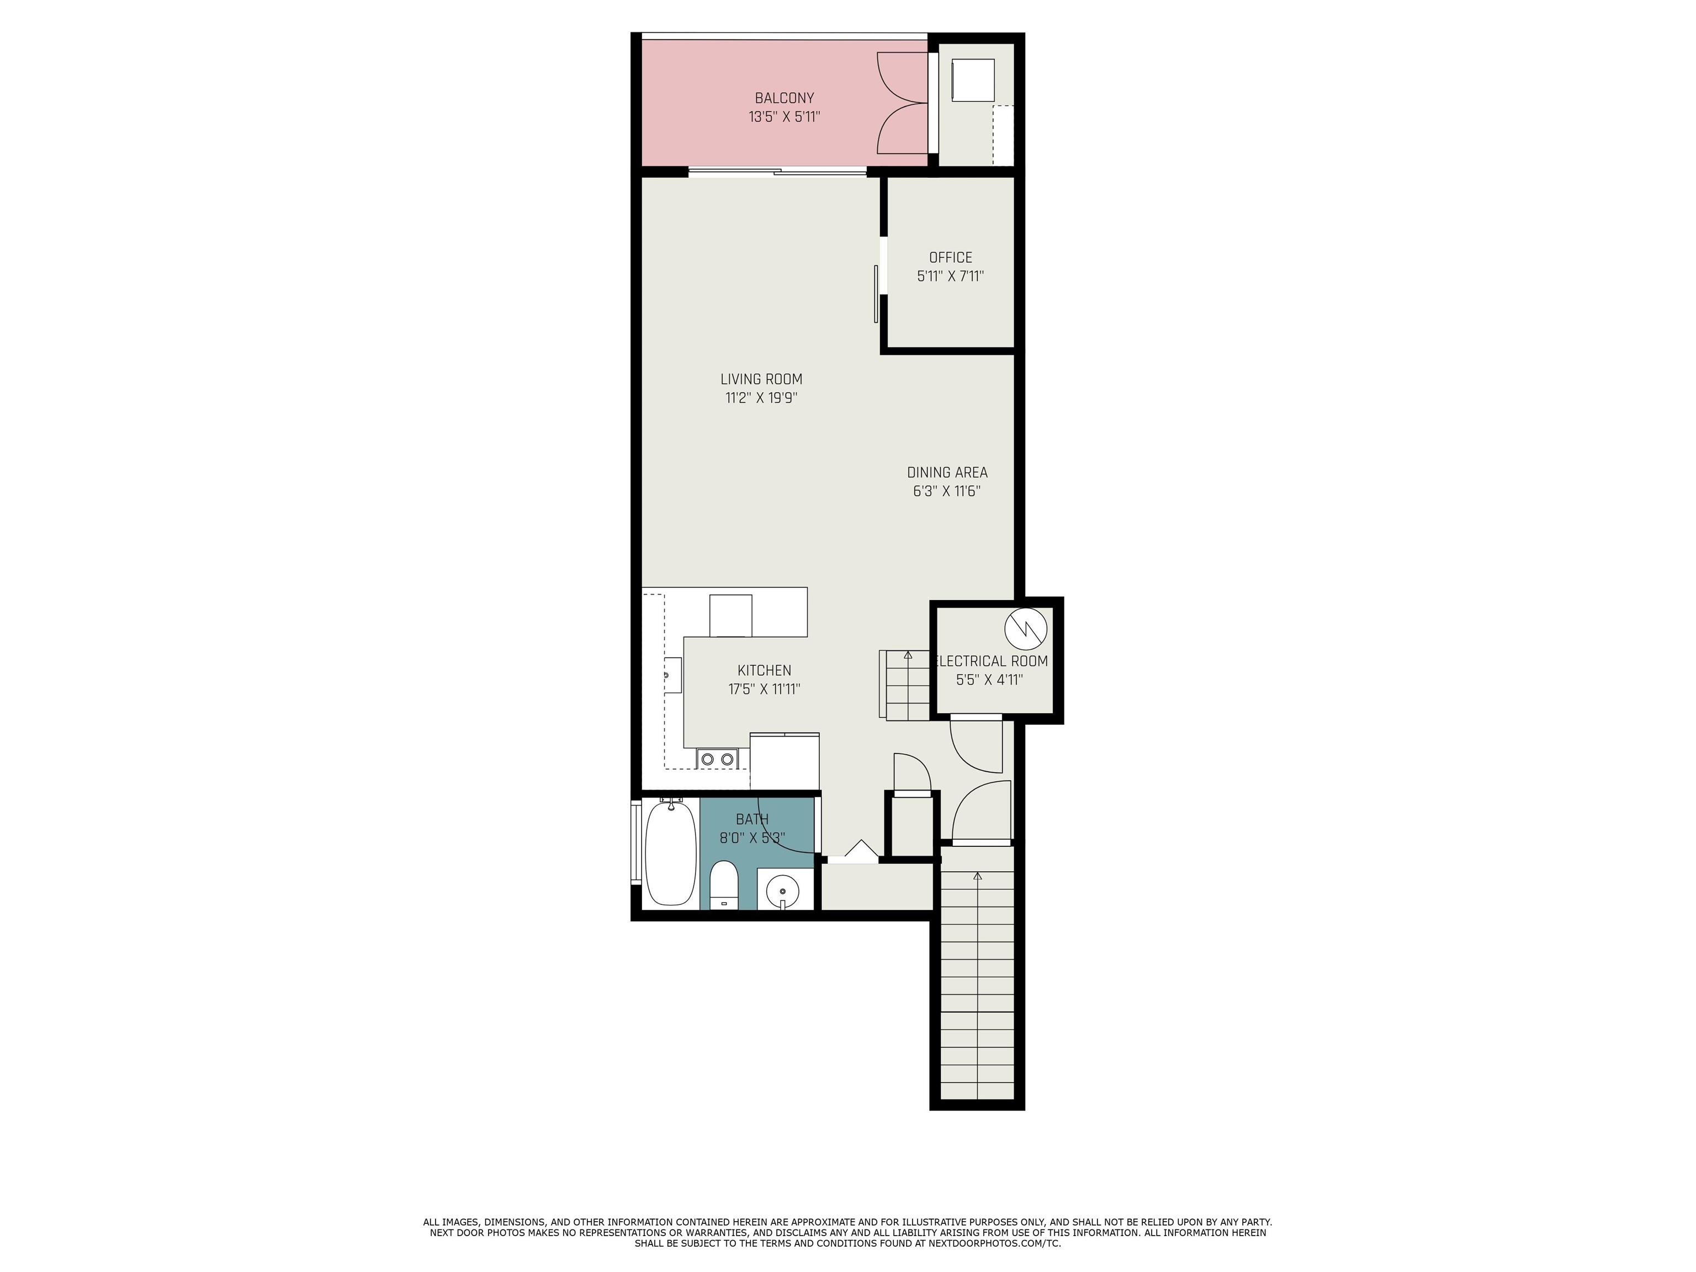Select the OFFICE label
click(x=950, y=258)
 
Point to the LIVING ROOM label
click(x=761, y=379)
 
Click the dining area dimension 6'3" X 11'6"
click(x=946, y=491)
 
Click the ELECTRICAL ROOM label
click(x=992, y=661)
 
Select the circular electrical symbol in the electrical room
click(x=1025, y=628)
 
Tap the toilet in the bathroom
click(x=723, y=884)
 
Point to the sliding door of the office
click(x=876, y=294)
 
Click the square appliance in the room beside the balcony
click(x=972, y=79)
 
